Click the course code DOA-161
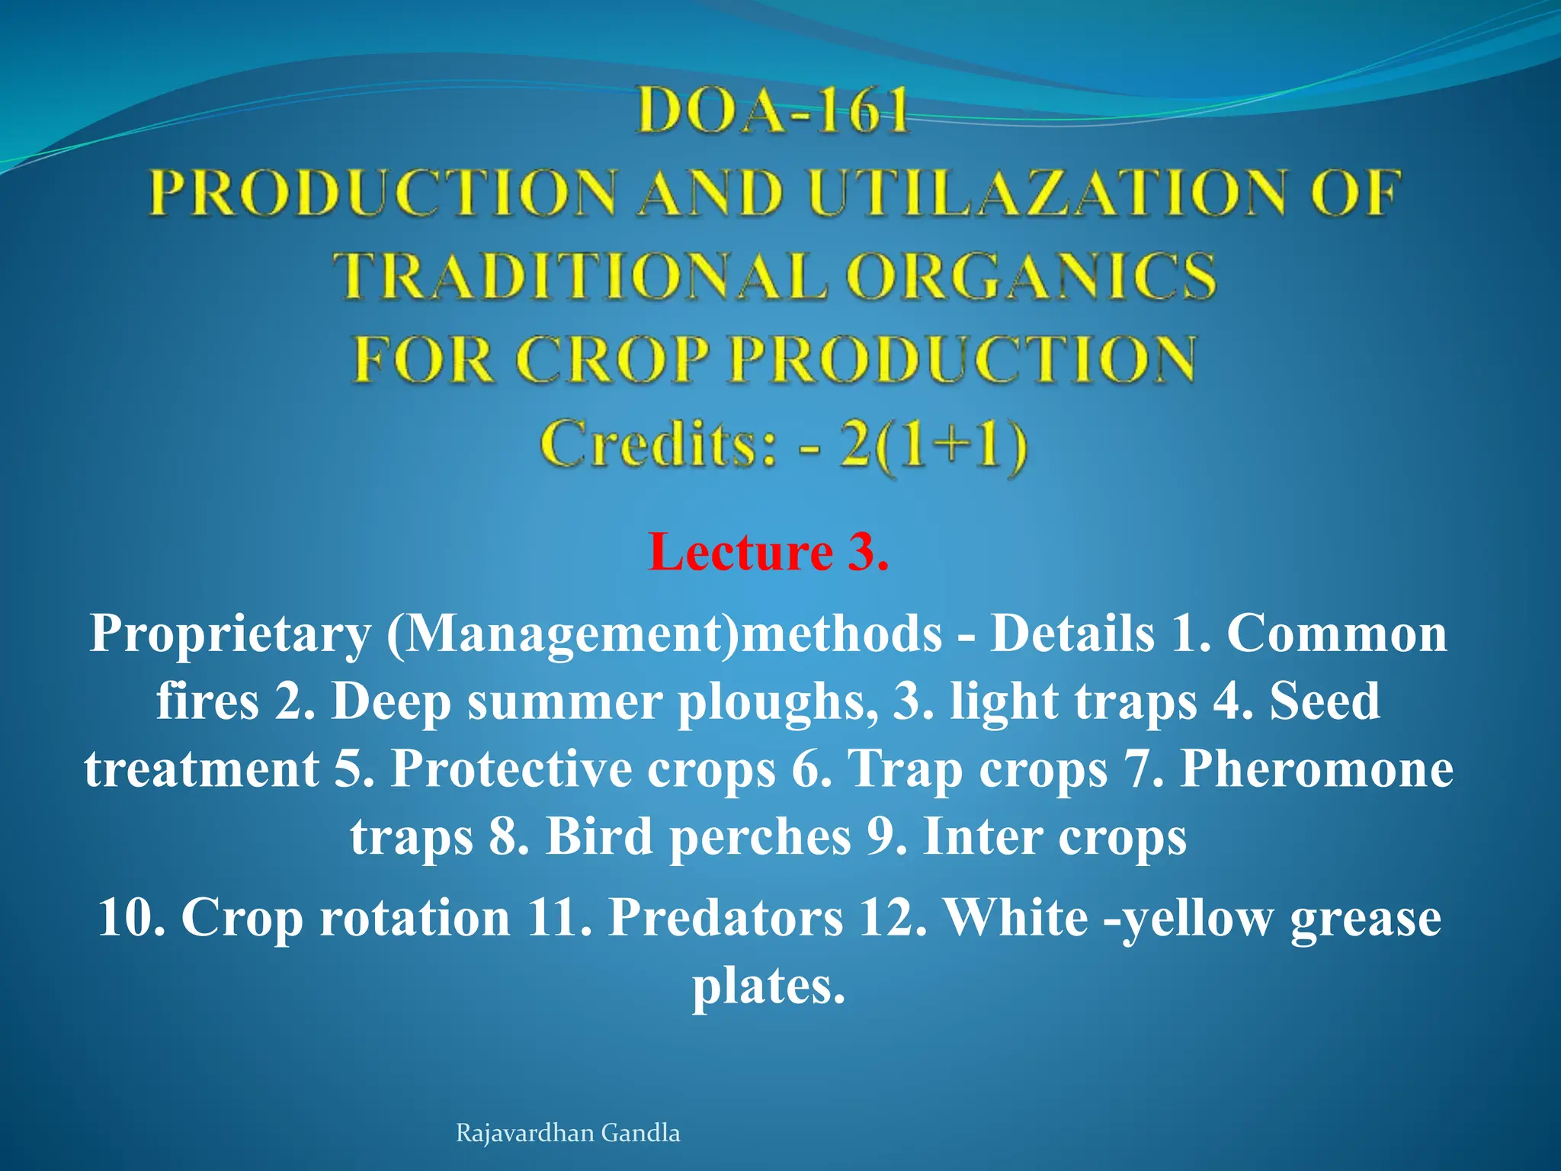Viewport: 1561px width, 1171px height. [773, 111]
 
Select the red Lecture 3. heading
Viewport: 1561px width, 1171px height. [768, 552]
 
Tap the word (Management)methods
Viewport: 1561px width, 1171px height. [664, 634]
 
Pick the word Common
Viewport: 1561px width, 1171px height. [1337, 634]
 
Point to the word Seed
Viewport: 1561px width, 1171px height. [1325, 701]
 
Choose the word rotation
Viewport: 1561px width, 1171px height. [415, 917]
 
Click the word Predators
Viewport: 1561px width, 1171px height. [726, 917]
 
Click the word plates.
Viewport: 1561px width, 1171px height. [768, 987]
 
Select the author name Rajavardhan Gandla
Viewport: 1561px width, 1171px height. [568, 1133]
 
